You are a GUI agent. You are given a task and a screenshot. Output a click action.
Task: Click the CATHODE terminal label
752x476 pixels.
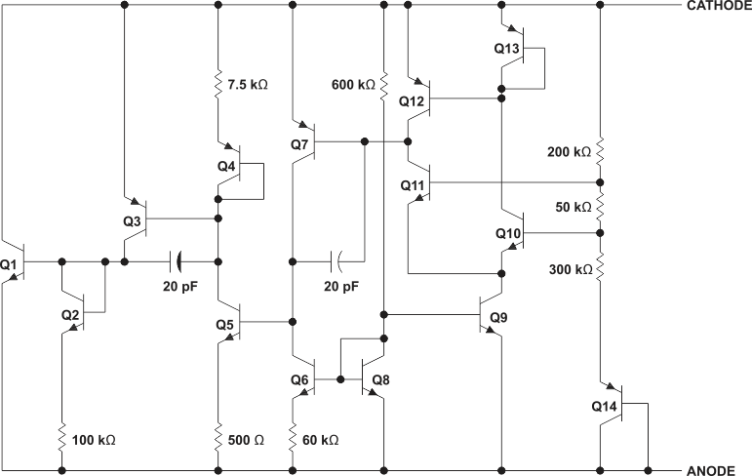(x=717, y=7)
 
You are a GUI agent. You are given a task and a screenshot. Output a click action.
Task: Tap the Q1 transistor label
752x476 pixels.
(x=10, y=263)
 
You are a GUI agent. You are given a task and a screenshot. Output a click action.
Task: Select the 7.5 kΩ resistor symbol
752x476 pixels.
(x=218, y=85)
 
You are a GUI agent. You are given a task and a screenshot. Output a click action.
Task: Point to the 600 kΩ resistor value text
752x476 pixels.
(x=353, y=85)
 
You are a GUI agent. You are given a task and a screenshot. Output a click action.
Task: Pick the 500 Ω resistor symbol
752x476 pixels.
(x=218, y=440)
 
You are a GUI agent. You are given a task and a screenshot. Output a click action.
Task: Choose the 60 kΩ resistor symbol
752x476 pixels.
(x=292, y=440)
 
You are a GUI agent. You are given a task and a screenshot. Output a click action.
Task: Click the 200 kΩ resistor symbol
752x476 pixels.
(x=600, y=151)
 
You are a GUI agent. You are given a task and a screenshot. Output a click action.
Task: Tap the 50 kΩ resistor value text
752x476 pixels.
(x=574, y=208)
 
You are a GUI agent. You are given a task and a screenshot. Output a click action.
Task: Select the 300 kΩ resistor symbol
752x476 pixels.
(x=600, y=264)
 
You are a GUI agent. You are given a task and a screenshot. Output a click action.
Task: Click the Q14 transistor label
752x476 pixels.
(x=605, y=405)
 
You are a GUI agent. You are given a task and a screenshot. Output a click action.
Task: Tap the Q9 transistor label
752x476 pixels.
(x=499, y=317)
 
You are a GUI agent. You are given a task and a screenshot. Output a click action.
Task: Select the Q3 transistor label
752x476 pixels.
(x=133, y=221)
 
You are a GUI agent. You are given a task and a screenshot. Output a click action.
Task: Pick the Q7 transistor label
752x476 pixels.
(x=299, y=144)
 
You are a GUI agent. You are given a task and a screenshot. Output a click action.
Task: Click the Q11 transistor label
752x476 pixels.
(x=414, y=184)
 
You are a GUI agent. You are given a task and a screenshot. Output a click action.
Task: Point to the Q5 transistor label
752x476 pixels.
(x=226, y=324)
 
